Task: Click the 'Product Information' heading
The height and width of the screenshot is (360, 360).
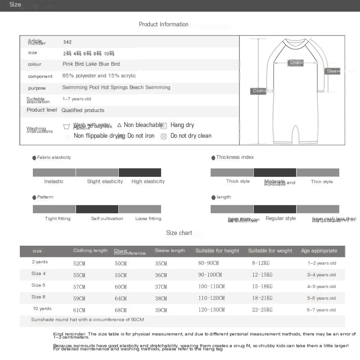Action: click(163, 24)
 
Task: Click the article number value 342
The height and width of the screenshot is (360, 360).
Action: click(67, 42)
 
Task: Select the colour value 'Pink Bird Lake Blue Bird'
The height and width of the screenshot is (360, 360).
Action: click(91, 64)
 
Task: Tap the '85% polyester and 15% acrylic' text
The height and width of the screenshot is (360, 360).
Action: click(99, 76)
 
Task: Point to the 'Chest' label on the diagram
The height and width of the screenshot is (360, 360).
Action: click(296, 63)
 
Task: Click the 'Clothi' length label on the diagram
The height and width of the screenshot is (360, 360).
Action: click(259, 91)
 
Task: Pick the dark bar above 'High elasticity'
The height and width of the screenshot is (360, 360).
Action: click(139, 172)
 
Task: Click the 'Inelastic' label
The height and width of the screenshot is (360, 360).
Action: click(54, 181)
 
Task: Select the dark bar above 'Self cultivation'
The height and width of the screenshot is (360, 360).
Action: click(97, 209)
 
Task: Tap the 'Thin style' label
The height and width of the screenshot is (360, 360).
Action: click(322, 182)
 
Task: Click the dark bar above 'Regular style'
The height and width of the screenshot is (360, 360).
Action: click(274, 209)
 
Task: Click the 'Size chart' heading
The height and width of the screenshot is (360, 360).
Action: click(179, 233)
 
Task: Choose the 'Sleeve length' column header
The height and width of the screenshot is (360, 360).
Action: click(170, 251)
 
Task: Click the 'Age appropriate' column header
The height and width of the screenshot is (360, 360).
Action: click(319, 251)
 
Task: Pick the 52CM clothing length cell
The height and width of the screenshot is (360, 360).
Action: click(79, 263)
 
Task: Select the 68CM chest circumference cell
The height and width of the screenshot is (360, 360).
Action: click(121, 310)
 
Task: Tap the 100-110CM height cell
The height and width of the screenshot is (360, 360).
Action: click(211, 287)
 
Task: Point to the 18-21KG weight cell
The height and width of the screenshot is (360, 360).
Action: click(262, 298)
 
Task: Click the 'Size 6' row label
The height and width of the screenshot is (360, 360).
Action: click(38, 285)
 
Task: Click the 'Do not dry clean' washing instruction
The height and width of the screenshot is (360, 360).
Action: click(191, 136)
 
